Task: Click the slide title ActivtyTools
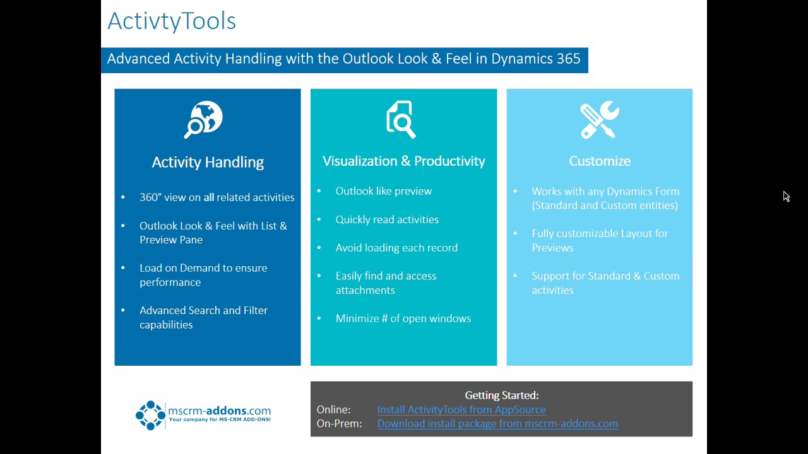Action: (x=171, y=21)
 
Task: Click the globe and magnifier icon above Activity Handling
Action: (x=204, y=119)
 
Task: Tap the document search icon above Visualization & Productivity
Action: (x=401, y=119)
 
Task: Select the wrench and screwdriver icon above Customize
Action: (x=599, y=119)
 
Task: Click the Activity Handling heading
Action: (x=208, y=162)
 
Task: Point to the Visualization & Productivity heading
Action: (x=403, y=161)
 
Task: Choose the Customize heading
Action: (x=599, y=161)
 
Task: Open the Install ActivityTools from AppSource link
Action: (x=461, y=409)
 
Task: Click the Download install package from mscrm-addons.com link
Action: (x=497, y=424)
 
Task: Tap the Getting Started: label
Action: (x=501, y=395)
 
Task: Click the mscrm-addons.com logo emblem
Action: (x=150, y=415)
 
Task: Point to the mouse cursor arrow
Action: (x=786, y=197)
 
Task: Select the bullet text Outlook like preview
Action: (x=383, y=191)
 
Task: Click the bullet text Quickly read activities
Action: (x=386, y=219)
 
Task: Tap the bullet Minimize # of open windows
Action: (x=403, y=318)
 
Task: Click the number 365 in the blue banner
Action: (x=568, y=59)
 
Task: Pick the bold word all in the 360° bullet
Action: (x=208, y=197)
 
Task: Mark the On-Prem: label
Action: (x=339, y=424)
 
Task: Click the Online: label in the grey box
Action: (x=333, y=409)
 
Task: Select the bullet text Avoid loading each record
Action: (x=396, y=248)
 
